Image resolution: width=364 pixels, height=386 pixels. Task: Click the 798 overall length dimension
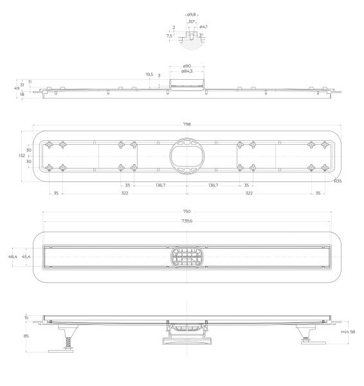(x=187, y=124)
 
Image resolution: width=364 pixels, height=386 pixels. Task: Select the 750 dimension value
(x=187, y=212)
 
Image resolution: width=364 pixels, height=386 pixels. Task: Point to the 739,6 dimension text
(x=187, y=221)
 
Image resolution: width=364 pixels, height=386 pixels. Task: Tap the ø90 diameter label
(x=187, y=66)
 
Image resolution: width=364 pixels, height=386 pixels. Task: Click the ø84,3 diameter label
(x=187, y=71)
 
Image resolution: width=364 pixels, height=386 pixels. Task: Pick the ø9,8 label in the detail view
(x=191, y=14)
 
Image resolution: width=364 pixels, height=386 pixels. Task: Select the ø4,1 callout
(x=203, y=26)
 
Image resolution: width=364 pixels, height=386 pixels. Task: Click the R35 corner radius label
(x=337, y=181)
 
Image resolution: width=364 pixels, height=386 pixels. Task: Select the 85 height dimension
(x=26, y=335)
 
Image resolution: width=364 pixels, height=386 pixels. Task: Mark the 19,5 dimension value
(x=149, y=75)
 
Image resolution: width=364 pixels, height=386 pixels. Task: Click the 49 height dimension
(x=15, y=89)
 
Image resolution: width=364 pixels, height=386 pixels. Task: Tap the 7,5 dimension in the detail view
(x=169, y=36)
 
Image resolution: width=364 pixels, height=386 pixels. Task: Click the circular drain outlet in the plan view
(x=187, y=156)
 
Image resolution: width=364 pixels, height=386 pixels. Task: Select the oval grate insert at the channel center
(x=187, y=257)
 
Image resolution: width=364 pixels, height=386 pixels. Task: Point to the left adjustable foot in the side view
(x=67, y=338)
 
